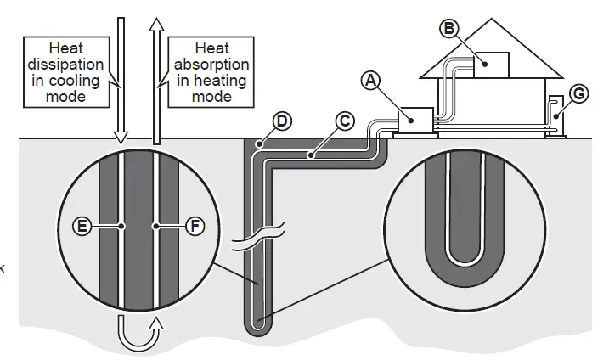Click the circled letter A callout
368,82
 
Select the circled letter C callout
344,121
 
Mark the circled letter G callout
579,93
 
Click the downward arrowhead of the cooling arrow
120,137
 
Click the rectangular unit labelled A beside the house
415,121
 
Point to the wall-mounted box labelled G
555,115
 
